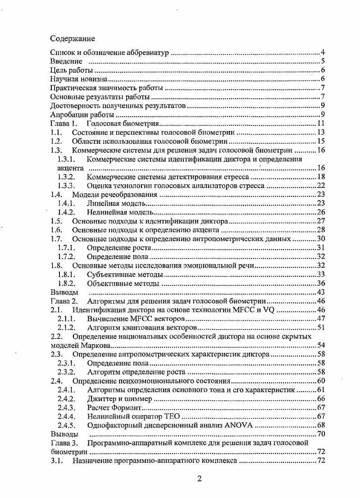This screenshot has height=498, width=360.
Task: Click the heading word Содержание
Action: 73,38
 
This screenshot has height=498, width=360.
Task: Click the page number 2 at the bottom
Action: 199,479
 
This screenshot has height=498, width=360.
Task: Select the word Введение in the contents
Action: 66,61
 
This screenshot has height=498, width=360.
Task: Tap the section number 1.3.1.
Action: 66,159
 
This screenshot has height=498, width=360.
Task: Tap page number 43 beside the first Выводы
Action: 321,292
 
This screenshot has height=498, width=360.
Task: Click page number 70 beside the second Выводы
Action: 321,434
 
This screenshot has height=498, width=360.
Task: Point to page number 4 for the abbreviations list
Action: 323,53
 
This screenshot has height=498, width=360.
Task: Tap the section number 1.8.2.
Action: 66,283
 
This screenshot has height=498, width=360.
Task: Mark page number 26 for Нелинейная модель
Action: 321,212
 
